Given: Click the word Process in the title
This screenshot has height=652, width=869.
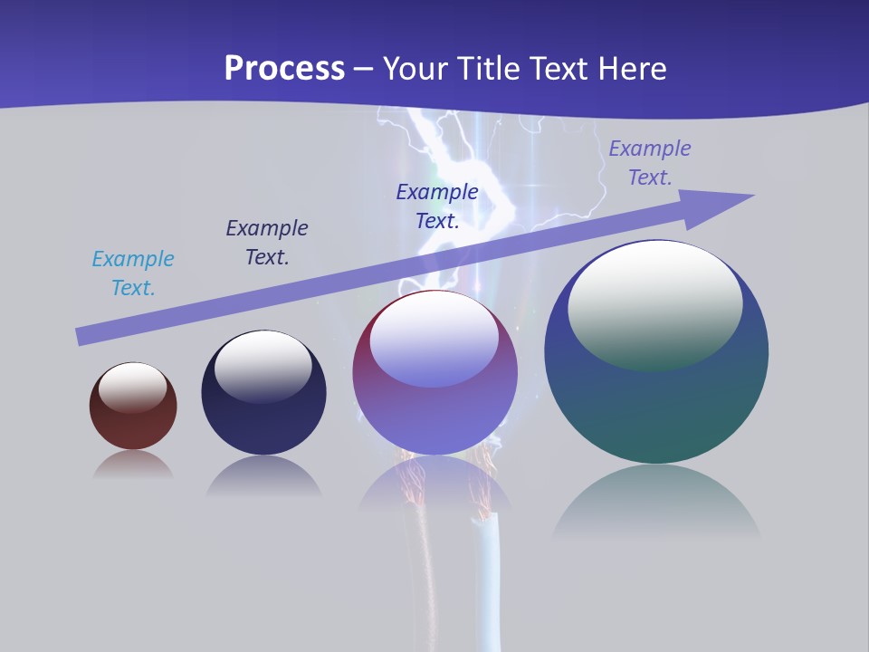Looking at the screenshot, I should point(284,69).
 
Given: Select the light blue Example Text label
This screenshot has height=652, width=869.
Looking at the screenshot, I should point(133,273).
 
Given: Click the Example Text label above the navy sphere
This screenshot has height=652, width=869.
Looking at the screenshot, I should point(267,243).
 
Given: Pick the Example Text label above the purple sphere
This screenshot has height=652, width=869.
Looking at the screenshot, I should point(437,206).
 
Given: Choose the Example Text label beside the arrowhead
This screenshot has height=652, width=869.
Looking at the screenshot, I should point(650,163).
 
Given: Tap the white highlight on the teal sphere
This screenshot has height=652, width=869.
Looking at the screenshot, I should point(655,303).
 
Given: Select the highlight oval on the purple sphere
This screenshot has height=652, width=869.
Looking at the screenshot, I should point(434,340).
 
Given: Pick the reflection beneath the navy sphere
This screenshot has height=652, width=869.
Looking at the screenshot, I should point(263,476).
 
